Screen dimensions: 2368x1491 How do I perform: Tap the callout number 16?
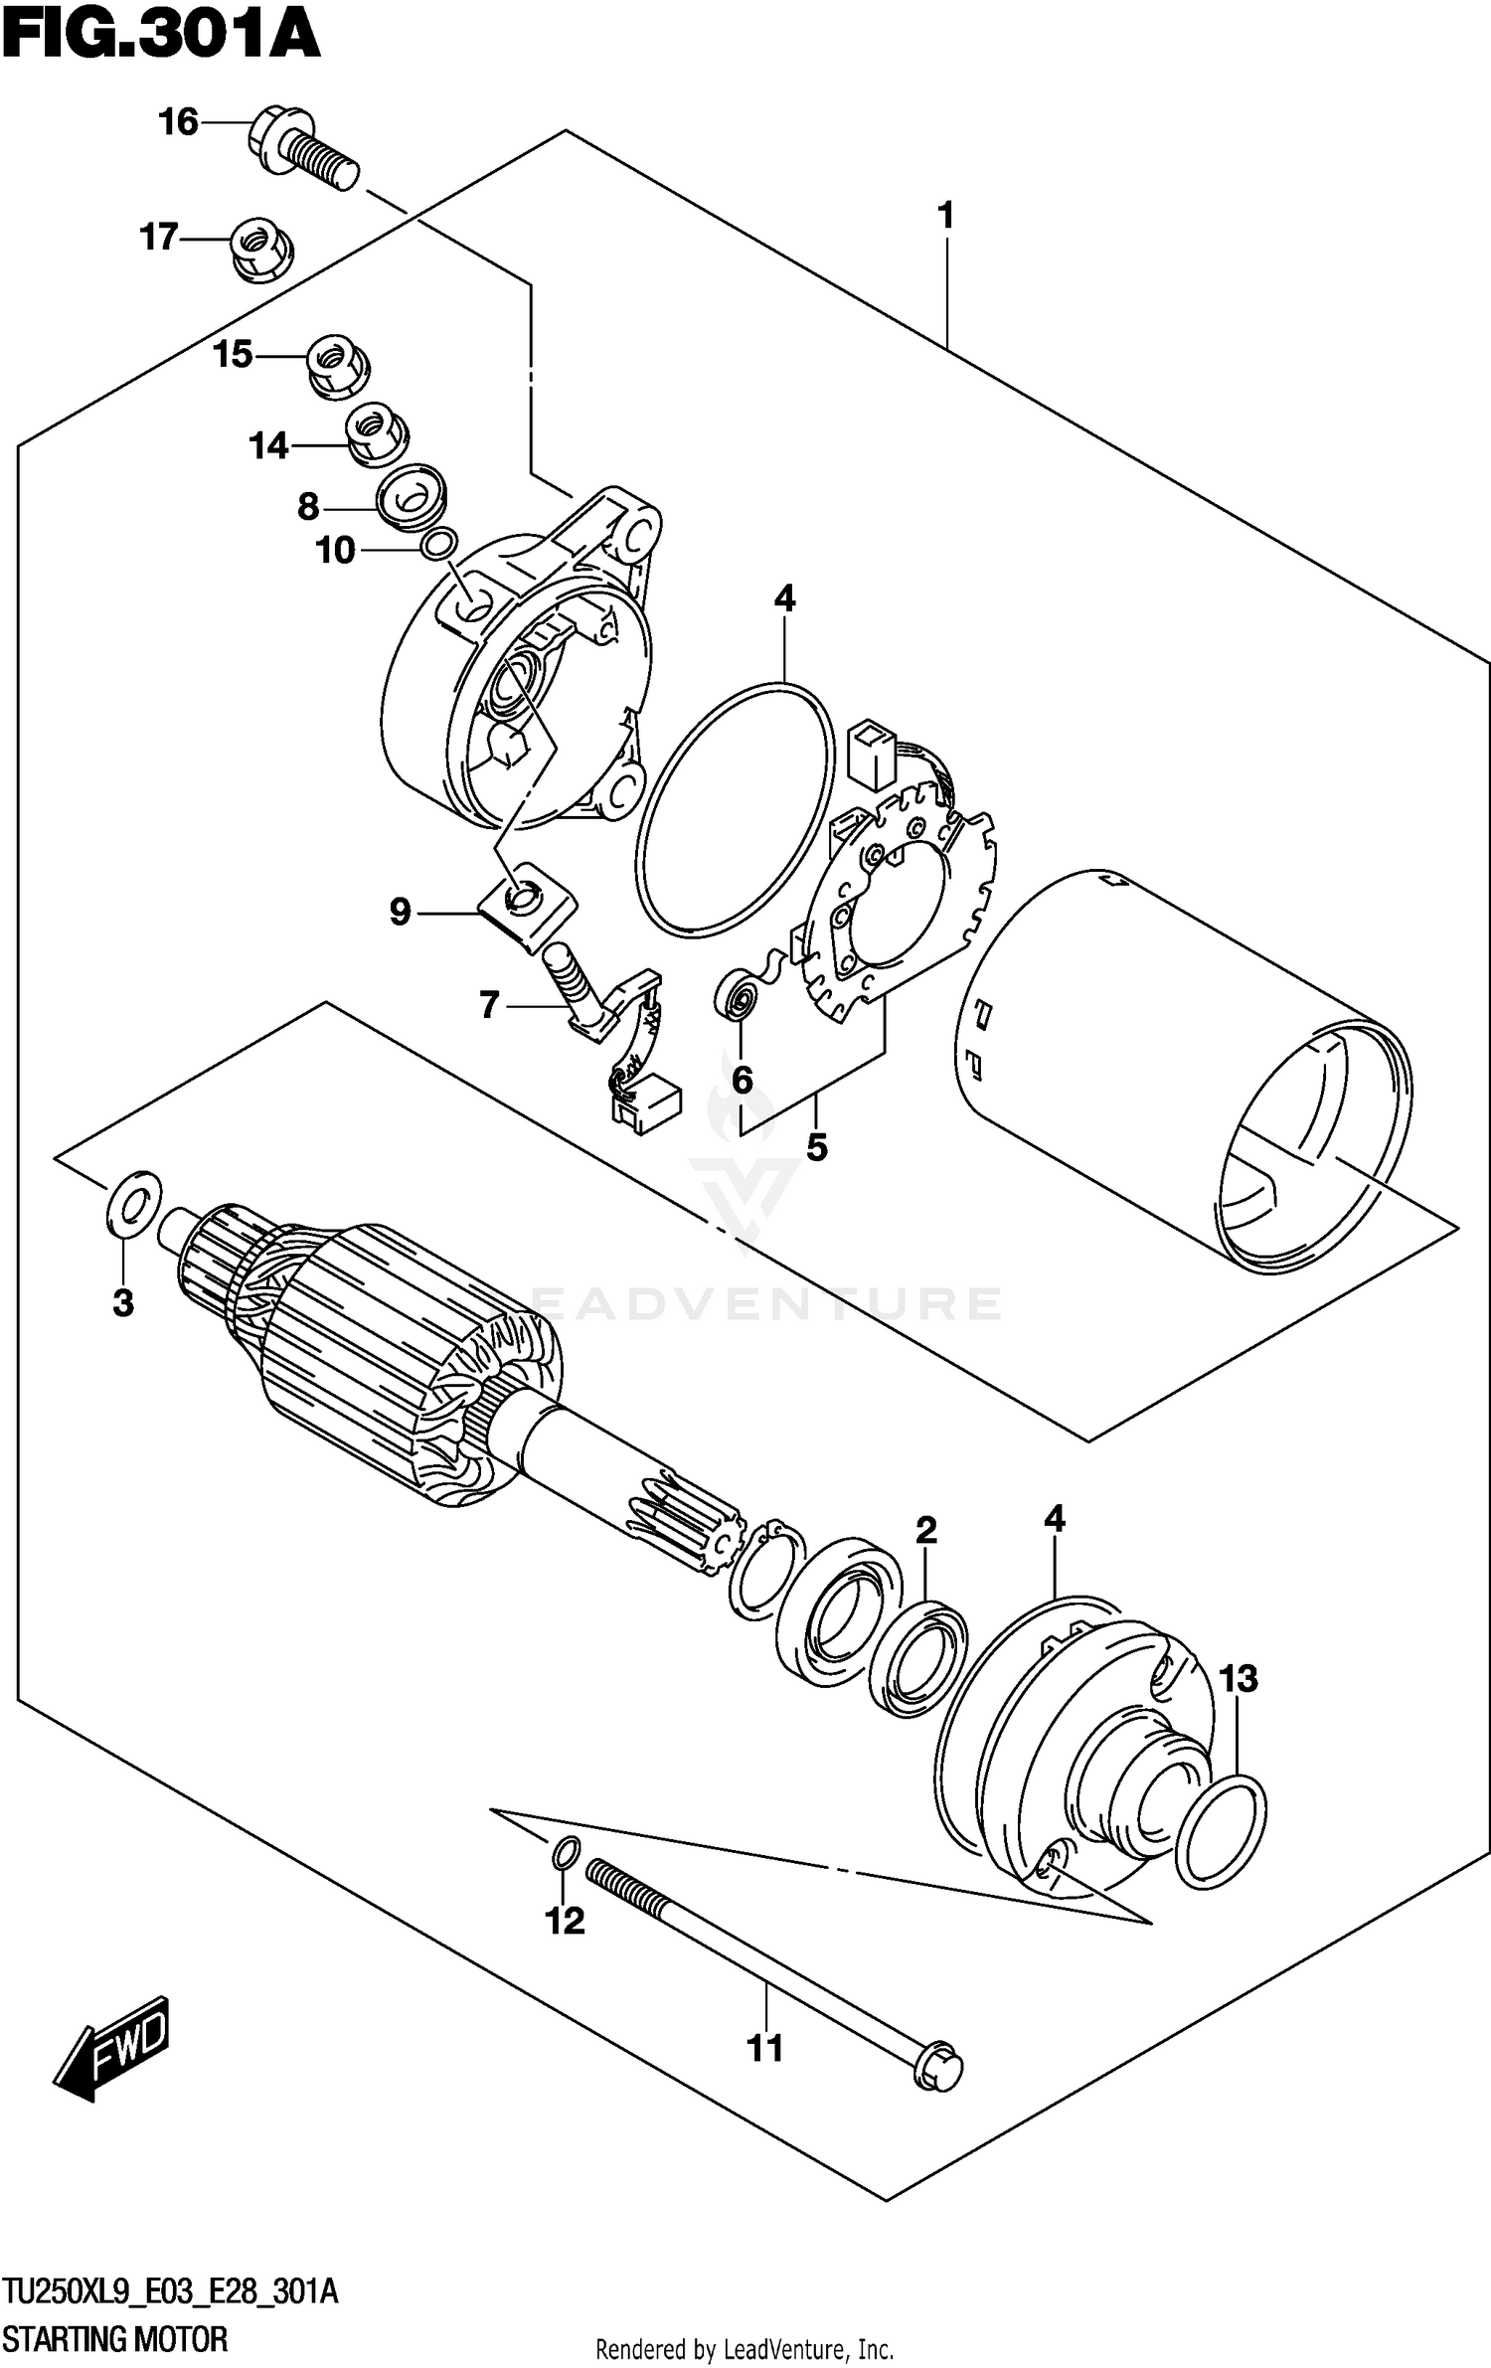179,122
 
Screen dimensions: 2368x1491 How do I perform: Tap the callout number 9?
400,912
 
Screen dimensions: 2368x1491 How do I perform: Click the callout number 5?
816,1148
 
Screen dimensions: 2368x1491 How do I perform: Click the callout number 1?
945,215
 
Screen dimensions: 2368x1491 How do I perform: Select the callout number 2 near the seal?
925,1530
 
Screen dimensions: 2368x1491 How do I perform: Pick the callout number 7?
489,1006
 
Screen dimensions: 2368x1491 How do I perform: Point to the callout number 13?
1239,1679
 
